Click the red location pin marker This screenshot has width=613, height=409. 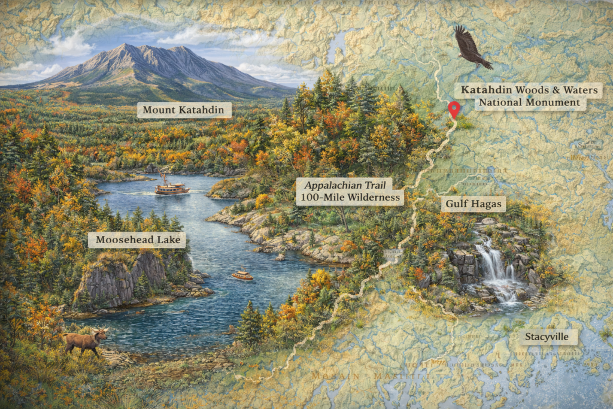[x=454, y=108]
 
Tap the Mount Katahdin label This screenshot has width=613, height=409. [x=184, y=110]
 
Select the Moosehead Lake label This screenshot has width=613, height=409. [x=136, y=240]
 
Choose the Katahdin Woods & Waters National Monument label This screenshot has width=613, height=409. [x=529, y=96]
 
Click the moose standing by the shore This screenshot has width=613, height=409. [x=86, y=341]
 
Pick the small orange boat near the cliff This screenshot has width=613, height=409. [x=242, y=275]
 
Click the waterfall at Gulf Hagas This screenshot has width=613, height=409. [x=494, y=265]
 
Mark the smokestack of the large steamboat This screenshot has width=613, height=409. [x=164, y=178]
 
